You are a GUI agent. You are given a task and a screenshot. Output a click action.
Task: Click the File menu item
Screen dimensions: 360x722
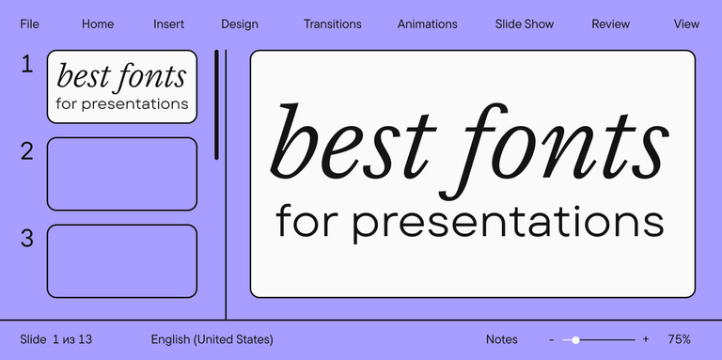pos(29,24)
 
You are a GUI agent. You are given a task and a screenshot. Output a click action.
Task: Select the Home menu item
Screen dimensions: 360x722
pos(98,24)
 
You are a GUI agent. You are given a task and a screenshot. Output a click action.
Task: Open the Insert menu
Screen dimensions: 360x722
pos(169,24)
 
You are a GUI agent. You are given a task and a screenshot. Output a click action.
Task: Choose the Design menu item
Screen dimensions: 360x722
pos(240,24)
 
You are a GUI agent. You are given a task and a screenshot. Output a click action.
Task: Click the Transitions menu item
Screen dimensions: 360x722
pos(332,24)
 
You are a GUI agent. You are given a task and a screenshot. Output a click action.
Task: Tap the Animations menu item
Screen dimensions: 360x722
pos(427,24)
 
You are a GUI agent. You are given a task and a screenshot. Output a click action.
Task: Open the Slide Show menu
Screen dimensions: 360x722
pos(525,24)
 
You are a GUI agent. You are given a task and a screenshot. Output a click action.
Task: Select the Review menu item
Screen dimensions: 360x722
pos(610,24)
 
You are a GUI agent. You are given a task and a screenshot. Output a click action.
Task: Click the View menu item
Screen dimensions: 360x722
pos(686,24)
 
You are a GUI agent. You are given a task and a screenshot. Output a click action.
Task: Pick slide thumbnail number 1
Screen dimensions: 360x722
pos(122,86)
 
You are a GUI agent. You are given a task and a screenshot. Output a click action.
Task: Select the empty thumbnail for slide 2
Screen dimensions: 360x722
pos(122,174)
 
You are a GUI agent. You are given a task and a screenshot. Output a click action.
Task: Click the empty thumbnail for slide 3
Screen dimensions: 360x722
pos(122,261)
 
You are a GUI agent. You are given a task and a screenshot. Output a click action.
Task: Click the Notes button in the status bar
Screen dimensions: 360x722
pos(502,339)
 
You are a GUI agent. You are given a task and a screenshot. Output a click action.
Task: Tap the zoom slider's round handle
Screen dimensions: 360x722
pos(575,339)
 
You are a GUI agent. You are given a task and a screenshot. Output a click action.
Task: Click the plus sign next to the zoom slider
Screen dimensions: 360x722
pos(646,339)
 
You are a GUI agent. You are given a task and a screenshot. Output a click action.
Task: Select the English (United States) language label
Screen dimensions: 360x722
pos(212,339)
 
